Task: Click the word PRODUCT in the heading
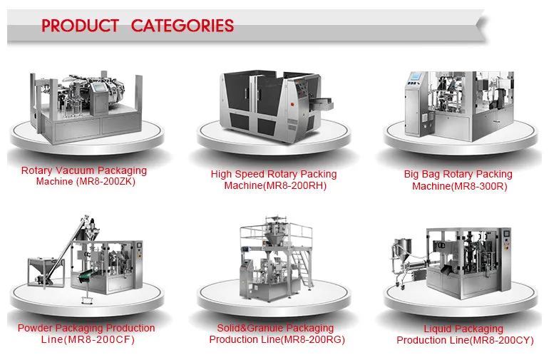(x=80, y=26)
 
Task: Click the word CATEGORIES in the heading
(x=183, y=26)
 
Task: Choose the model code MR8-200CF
(x=103, y=339)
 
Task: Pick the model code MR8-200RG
(x=312, y=339)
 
